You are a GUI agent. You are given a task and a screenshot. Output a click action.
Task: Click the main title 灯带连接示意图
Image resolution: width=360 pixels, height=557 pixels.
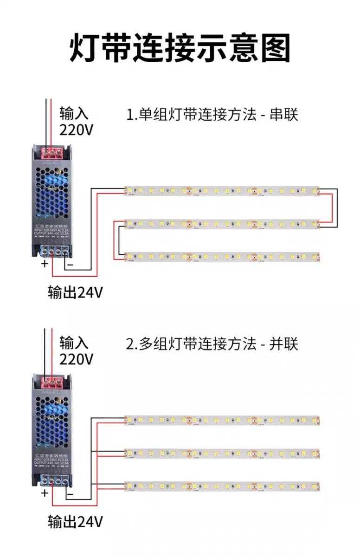[180, 47]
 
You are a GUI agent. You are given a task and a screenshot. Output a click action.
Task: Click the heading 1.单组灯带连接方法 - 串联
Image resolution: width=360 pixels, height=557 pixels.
[212, 115]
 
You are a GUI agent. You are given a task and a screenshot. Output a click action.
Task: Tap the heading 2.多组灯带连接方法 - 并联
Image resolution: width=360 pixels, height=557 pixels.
[212, 344]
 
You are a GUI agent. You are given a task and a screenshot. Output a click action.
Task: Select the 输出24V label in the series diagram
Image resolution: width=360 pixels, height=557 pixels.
[75, 292]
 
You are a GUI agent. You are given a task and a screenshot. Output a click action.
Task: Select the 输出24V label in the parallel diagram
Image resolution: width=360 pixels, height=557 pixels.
[75, 522]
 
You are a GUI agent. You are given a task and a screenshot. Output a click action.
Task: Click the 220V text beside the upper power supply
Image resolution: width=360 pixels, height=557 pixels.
[77, 130]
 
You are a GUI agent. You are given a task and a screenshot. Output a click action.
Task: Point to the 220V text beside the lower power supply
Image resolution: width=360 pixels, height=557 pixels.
[77, 359]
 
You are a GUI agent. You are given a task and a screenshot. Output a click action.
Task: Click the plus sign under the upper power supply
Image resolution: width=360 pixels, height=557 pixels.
[45, 264]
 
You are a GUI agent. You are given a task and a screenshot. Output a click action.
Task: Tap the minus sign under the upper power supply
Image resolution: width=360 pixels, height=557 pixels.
[71, 265]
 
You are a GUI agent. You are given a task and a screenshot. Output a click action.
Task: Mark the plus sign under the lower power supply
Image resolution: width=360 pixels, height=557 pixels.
[45, 493]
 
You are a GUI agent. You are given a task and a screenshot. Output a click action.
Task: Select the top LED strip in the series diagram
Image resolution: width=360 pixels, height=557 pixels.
[222, 191]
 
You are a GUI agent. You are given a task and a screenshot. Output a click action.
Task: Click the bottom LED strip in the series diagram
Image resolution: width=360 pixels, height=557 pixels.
[222, 256]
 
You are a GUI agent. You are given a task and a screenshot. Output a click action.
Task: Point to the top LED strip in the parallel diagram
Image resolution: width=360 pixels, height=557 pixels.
[222, 420]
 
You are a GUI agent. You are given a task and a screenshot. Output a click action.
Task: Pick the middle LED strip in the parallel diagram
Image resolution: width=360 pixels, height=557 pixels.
[222, 453]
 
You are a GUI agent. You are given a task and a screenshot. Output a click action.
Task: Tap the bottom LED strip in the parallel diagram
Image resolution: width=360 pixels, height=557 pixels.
[222, 486]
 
